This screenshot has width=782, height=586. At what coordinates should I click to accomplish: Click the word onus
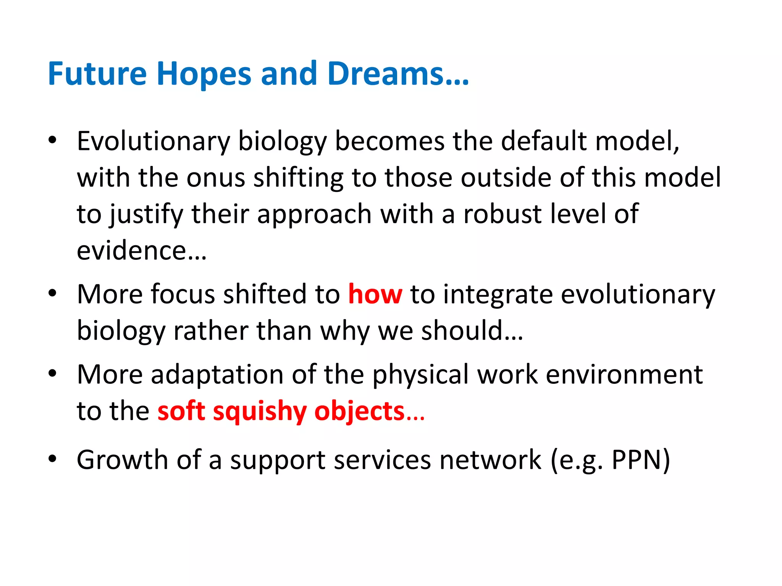[x=215, y=178]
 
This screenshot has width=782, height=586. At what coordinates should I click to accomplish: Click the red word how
[x=375, y=295]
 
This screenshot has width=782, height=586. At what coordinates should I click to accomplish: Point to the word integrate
[x=498, y=295]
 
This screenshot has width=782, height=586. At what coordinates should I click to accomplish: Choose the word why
[x=345, y=331]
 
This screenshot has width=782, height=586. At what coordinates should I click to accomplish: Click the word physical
[x=420, y=375]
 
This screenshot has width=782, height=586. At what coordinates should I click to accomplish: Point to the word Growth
[x=122, y=459]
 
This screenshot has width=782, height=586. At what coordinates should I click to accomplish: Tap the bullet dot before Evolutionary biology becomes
[x=52, y=140]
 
